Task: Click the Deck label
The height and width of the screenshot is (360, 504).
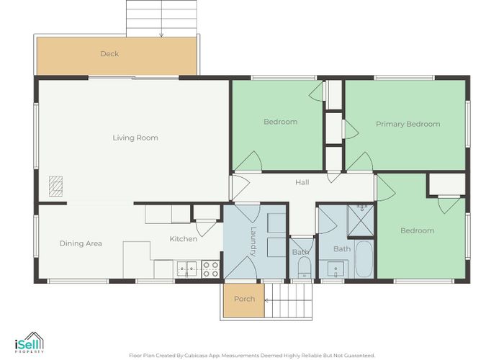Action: tap(109, 54)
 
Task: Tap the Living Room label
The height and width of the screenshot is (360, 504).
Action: tap(135, 138)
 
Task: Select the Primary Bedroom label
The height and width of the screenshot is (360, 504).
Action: tap(408, 124)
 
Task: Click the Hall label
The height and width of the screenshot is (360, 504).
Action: tap(302, 182)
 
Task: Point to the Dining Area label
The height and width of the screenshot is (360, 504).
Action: tap(81, 243)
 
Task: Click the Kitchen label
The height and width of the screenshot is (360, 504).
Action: tap(183, 239)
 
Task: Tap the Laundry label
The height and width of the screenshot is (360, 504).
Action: tap(253, 241)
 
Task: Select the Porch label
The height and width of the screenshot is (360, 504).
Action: tap(245, 299)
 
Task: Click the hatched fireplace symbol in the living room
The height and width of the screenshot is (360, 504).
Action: tap(55, 186)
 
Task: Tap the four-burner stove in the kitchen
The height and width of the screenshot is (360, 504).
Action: tap(210, 269)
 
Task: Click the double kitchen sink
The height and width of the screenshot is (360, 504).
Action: tap(187, 269)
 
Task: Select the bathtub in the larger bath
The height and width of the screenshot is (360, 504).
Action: tap(364, 259)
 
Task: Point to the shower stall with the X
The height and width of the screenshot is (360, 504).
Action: tap(361, 220)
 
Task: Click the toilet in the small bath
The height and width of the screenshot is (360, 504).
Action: tap(304, 267)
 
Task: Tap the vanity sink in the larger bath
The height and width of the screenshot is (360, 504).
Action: tap(336, 269)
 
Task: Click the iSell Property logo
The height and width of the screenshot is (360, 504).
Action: tap(30, 343)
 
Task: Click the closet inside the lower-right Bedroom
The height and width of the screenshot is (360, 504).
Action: tap(447, 184)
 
